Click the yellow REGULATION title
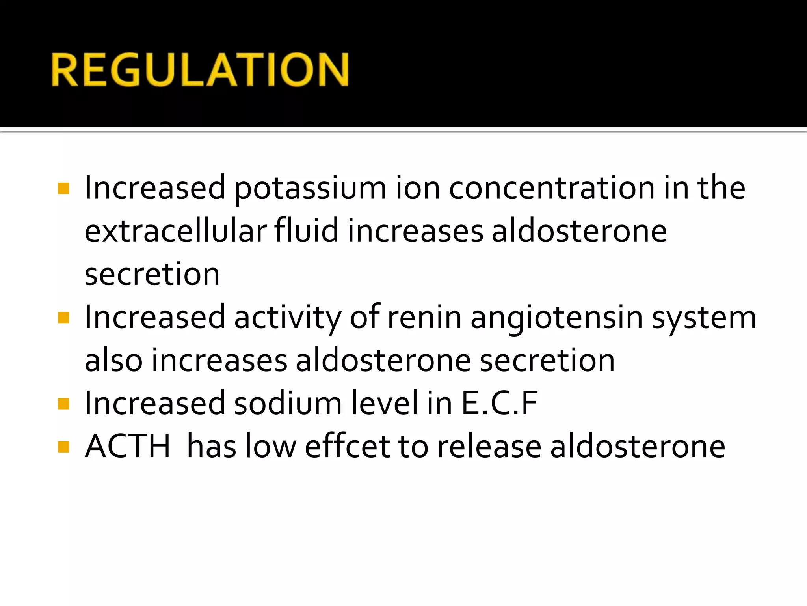click(200, 69)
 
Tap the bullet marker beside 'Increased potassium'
click(63, 189)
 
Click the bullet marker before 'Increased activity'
click(63, 318)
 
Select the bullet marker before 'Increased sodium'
click(63, 404)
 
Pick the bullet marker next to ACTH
click(63, 447)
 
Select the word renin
click(424, 318)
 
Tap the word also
click(113, 360)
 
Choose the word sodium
click(288, 403)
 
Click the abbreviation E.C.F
click(500, 403)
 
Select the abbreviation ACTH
click(128, 447)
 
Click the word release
click(489, 447)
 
